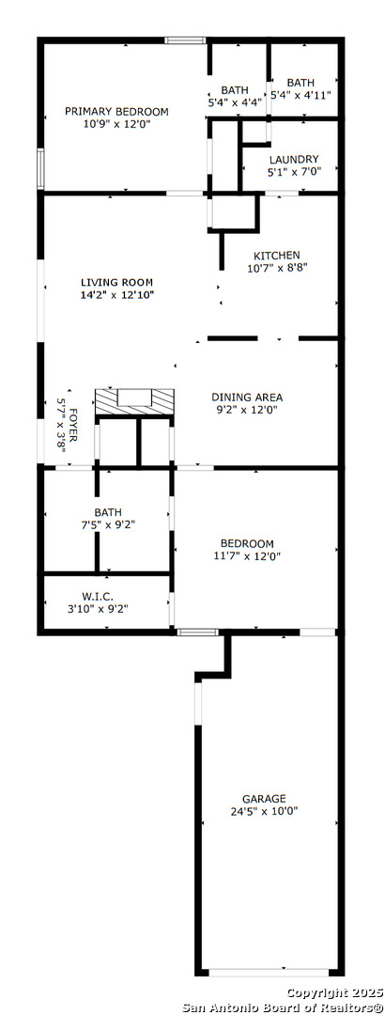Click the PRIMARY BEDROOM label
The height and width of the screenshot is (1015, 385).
[116, 111]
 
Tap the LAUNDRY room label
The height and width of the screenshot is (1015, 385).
[294, 159]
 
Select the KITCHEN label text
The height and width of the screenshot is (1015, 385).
[276, 255]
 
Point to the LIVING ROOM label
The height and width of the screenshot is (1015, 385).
[116, 282]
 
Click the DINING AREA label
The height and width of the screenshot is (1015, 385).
[247, 398]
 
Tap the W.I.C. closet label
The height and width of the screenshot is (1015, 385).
[99, 596]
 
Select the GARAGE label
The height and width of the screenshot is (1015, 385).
[264, 799]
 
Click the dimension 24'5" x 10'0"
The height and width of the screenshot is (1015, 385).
[264, 810]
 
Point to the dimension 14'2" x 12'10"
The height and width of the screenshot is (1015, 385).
[117, 294]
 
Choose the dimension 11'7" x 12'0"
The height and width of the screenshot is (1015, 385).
[247, 555]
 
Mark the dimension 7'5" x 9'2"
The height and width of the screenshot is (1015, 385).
[107, 523]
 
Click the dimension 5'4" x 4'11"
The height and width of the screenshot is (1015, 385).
[300, 95]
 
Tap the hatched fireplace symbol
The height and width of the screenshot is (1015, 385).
[134, 402]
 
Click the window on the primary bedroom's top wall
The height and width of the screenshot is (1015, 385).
[185, 40]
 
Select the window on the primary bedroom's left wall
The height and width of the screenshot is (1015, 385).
[40, 168]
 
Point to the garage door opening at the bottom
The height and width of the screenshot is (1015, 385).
[269, 973]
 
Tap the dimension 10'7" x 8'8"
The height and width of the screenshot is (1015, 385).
[277, 267]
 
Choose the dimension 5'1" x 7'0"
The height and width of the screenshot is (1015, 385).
[295, 172]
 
